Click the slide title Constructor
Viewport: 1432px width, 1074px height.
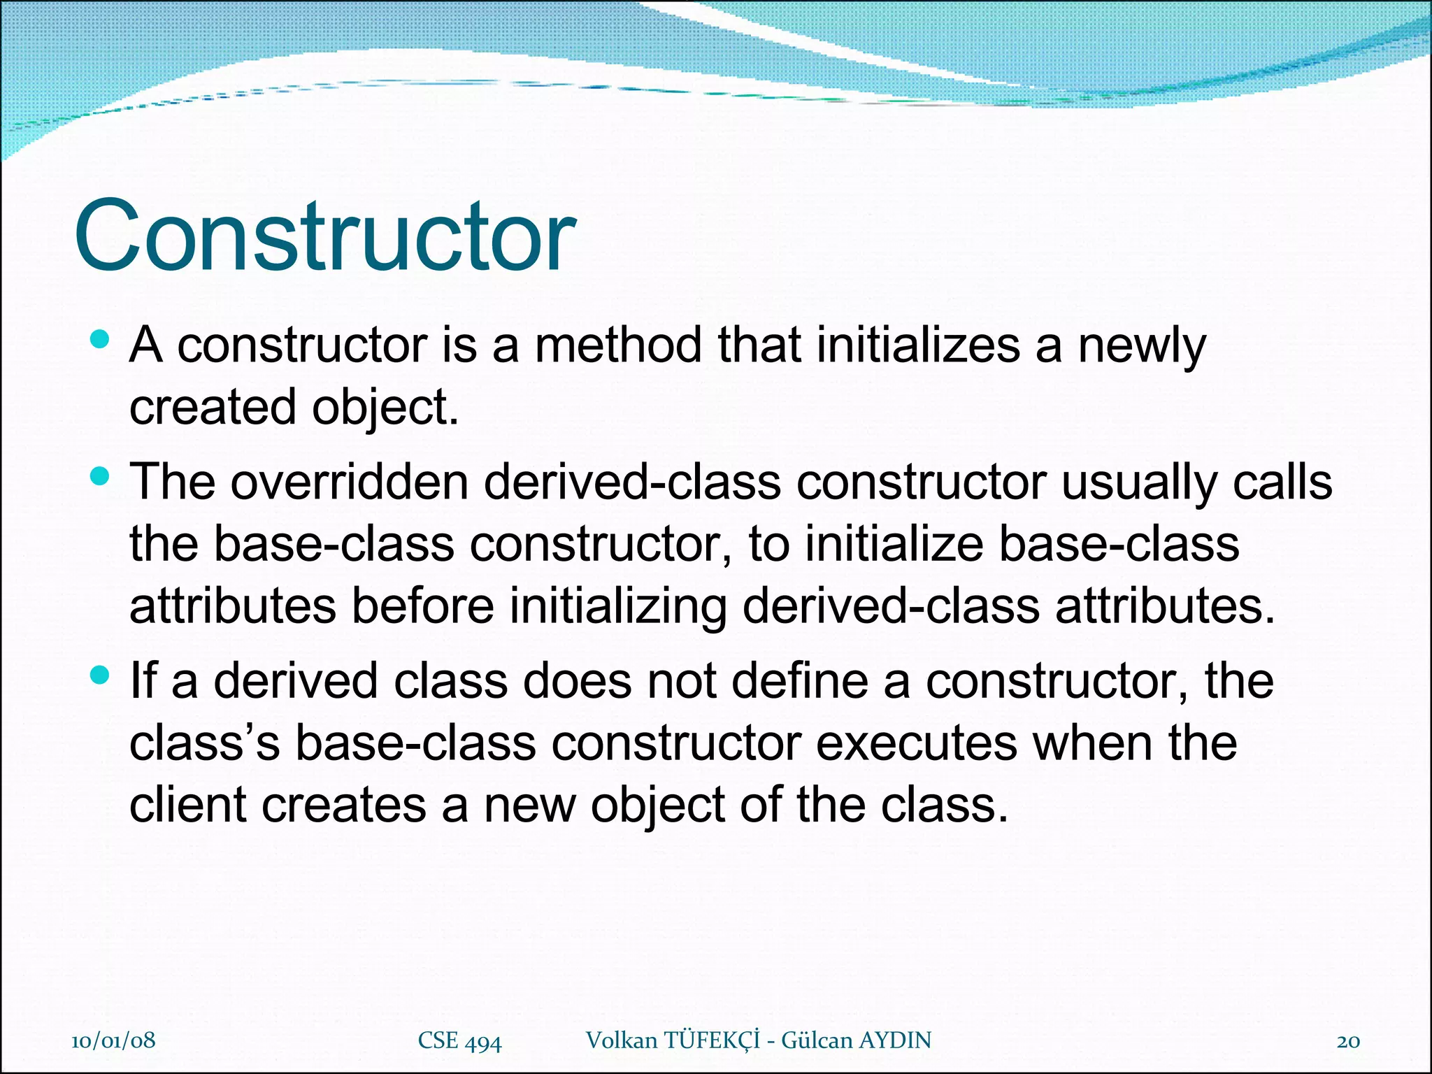[324, 236]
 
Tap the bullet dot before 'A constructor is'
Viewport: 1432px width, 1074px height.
[101, 340]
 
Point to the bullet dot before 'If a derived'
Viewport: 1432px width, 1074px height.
[101, 675]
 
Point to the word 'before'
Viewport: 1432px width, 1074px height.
[422, 606]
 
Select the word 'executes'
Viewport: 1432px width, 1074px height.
[917, 743]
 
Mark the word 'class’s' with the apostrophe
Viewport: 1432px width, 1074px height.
[204, 743]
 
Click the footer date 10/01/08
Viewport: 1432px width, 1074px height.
[113, 1040]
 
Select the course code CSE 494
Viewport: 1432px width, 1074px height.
[459, 1040]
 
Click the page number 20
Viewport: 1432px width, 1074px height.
[1348, 1041]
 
